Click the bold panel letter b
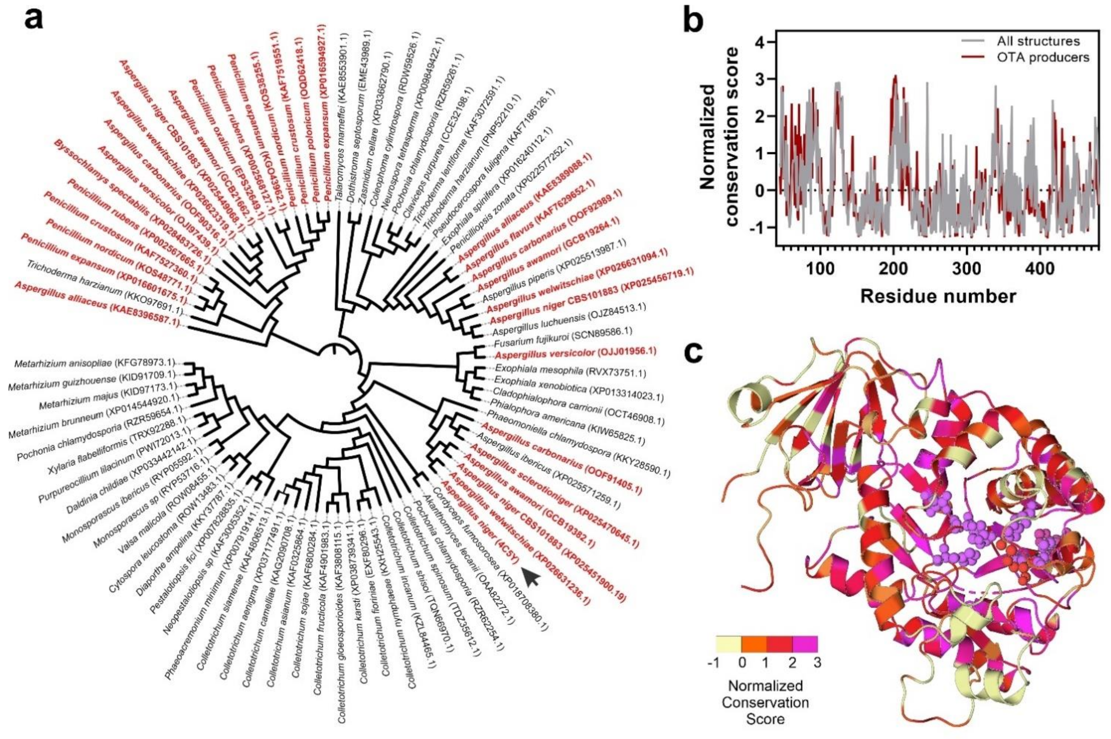(700, 20)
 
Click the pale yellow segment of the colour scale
(728, 644)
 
